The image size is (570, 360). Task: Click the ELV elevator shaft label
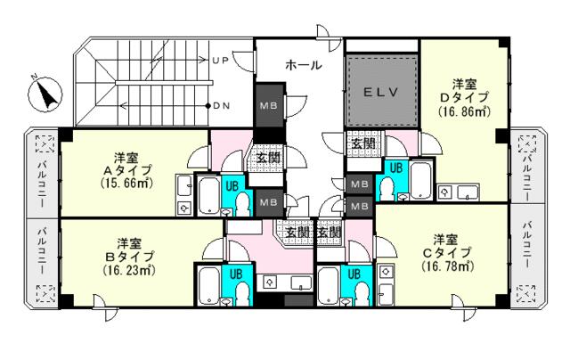381,93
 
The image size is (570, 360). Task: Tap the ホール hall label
304,65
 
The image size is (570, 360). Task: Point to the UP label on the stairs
220,61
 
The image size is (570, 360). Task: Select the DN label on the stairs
222,106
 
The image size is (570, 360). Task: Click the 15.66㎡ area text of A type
126,183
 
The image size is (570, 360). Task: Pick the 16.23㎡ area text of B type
129,270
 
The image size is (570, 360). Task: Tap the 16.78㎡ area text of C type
448,266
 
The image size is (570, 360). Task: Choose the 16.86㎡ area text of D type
464,110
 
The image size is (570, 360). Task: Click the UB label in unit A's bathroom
232,186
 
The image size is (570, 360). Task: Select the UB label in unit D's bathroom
396,168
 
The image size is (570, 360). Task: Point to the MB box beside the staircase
269,105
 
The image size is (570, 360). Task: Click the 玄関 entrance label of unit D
363,143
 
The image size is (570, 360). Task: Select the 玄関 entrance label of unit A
269,158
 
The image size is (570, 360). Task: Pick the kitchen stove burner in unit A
184,208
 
